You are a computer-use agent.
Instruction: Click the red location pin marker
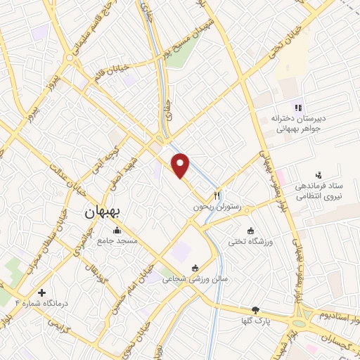pyautogui.click(x=181, y=164)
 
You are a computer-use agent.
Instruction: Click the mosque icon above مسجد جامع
pyautogui.click(x=116, y=230)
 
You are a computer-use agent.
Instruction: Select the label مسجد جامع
pyautogui.click(x=117, y=241)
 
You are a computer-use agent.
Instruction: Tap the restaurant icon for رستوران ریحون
pyautogui.click(x=217, y=195)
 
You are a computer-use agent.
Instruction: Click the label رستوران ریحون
pyautogui.click(x=218, y=208)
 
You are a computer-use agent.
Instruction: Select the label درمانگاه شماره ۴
pyautogui.click(x=41, y=303)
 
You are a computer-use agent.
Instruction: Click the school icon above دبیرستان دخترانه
pyautogui.click(x=298, y=108)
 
